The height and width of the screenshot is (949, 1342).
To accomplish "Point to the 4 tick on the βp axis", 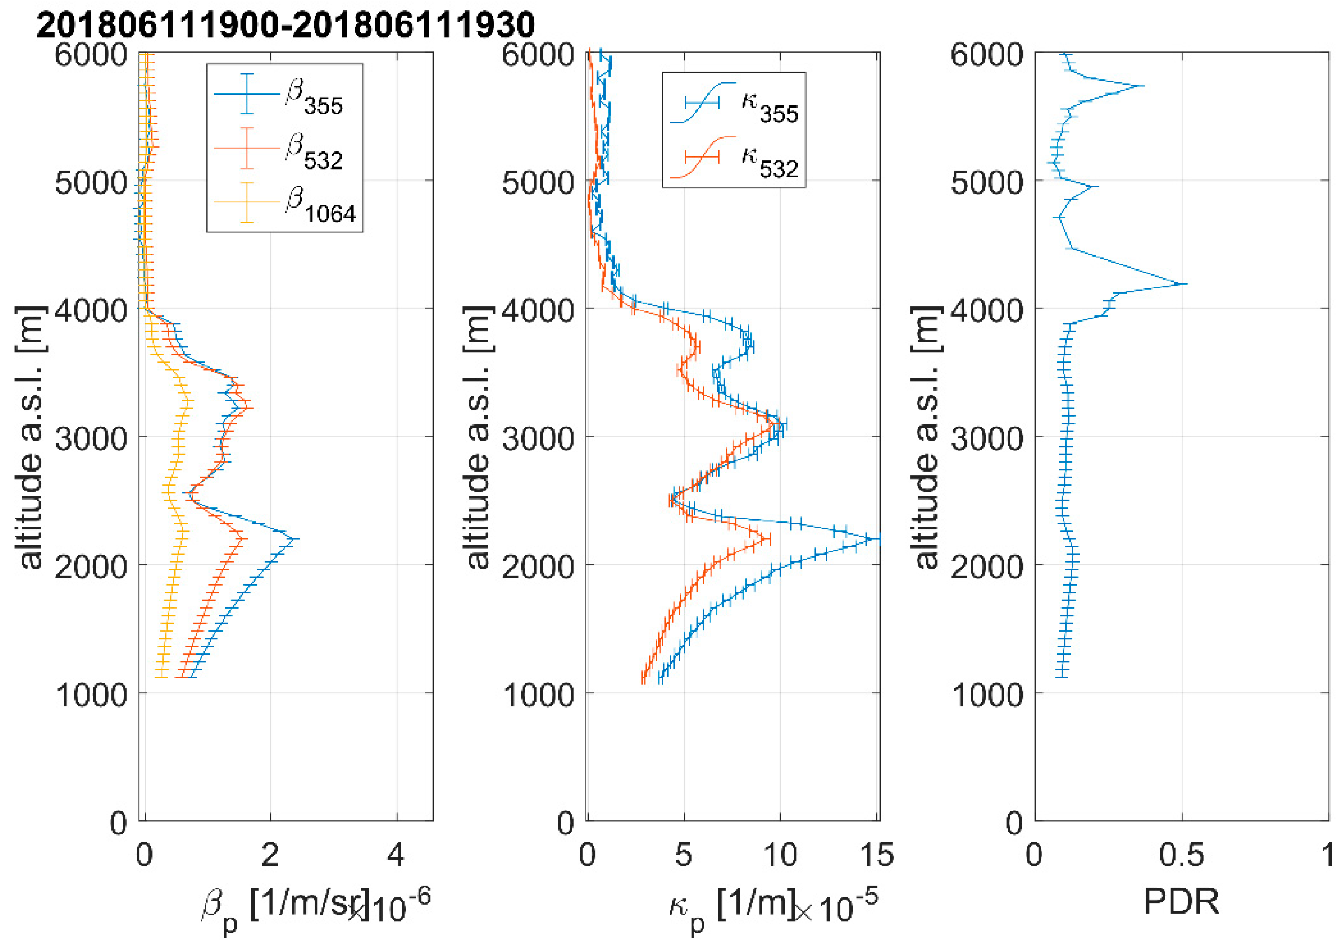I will click(396, 855).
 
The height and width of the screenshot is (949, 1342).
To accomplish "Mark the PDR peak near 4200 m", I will click(1184, 284).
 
